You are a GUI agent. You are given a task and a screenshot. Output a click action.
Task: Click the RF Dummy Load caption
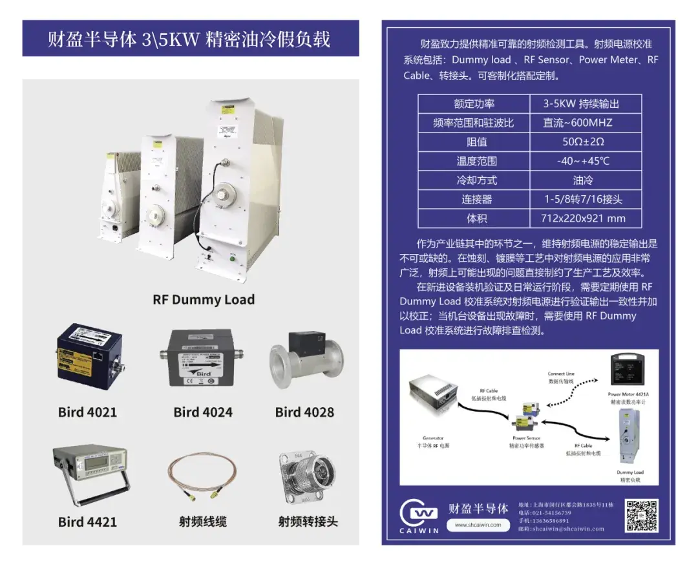[x=204, y=300]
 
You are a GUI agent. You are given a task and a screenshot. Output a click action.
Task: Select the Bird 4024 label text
[x=203, y=412]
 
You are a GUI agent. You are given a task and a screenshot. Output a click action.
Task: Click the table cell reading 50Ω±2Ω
[x=583, y=142]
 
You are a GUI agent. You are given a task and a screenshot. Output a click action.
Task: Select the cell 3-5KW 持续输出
[x=583, y=103]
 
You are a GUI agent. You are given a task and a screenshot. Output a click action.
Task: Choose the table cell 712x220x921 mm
[x=583, y=218]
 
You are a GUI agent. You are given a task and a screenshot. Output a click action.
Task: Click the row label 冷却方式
[x=476, y=180]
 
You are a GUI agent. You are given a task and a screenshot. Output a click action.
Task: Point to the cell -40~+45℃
[x=583, y=161]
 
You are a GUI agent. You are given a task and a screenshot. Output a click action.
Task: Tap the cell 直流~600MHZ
[x=583, y=123]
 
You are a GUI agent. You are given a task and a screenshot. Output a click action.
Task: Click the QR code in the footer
[x=641, y=515]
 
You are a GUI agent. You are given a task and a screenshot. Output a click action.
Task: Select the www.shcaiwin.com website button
[x=478, y=525]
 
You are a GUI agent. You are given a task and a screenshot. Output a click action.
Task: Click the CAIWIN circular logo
[x=419, y=514]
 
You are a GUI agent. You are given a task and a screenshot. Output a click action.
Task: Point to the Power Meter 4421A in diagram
[x=628, y=372]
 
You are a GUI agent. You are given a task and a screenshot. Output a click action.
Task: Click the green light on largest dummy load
[x=232, y=260]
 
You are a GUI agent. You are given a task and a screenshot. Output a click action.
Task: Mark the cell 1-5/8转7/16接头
[x=583, y=199]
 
